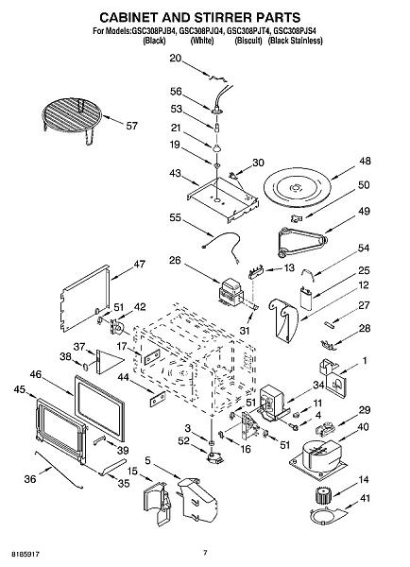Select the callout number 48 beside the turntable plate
tap(365, 161)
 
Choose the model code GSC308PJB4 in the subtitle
tap(154, 31)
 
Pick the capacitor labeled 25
tap(307, 298)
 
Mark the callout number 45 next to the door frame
tap(20, 389)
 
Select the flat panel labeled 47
tap(85, 299)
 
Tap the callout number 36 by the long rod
tap(30, 479)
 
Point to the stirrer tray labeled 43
tap(223, 201)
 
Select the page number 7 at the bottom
tap(205, 553)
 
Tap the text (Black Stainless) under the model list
tap(295, 41)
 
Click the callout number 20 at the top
tap(176, 58)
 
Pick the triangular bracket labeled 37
tap(108, 361)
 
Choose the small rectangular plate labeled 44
tap(158, 399)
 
